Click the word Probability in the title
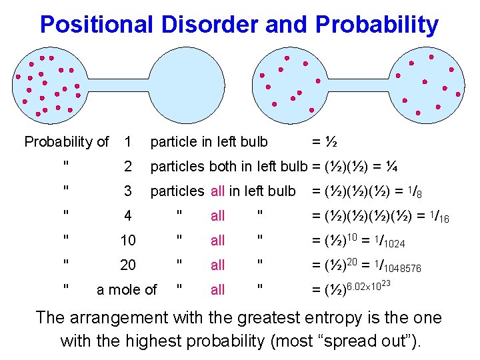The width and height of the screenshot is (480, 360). click(x=377, y=25)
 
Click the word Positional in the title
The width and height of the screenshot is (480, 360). click(x=97, y=25)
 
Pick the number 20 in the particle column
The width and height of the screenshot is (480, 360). click(x=127, y=265)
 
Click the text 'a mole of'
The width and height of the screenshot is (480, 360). click(x=127, y=290)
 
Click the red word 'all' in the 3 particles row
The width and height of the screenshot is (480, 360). click(x=218, y=191)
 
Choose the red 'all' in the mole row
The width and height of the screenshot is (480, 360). click(x=218, y=290)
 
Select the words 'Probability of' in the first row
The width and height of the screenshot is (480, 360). click(x=66, y=141)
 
